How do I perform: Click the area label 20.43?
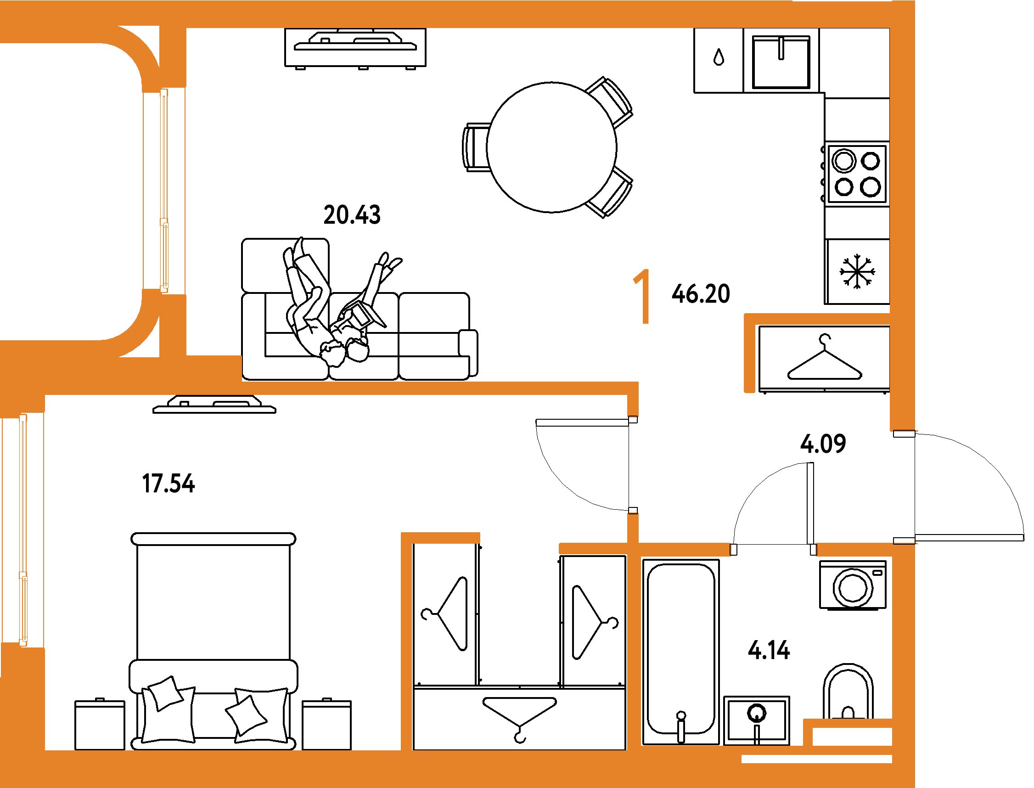[x=352, y=215]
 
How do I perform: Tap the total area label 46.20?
[x=701, y=294]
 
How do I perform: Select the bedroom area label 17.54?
[x=169, y=484]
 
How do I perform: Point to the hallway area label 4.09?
[x=823, y=443]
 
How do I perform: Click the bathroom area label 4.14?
[x=769, y=651]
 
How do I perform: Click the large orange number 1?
[x=642, y=296]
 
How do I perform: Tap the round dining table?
[x=552, y=147]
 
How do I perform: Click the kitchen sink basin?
[x=781, y=62]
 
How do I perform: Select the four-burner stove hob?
[x=857, y=174]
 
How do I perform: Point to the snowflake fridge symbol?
[x=857, y=271]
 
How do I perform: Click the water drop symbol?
[x=719, y=57]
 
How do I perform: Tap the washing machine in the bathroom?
[x=853, y=585]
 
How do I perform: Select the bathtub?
[x=681, y=652]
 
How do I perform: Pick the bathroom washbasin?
[x=757, y=720]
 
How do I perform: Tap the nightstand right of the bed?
[x=326, y=725]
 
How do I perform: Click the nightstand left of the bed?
[x=100, y=725]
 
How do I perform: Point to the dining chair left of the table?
[x=475, y=147]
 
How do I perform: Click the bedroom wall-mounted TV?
[x=214, y=405]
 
